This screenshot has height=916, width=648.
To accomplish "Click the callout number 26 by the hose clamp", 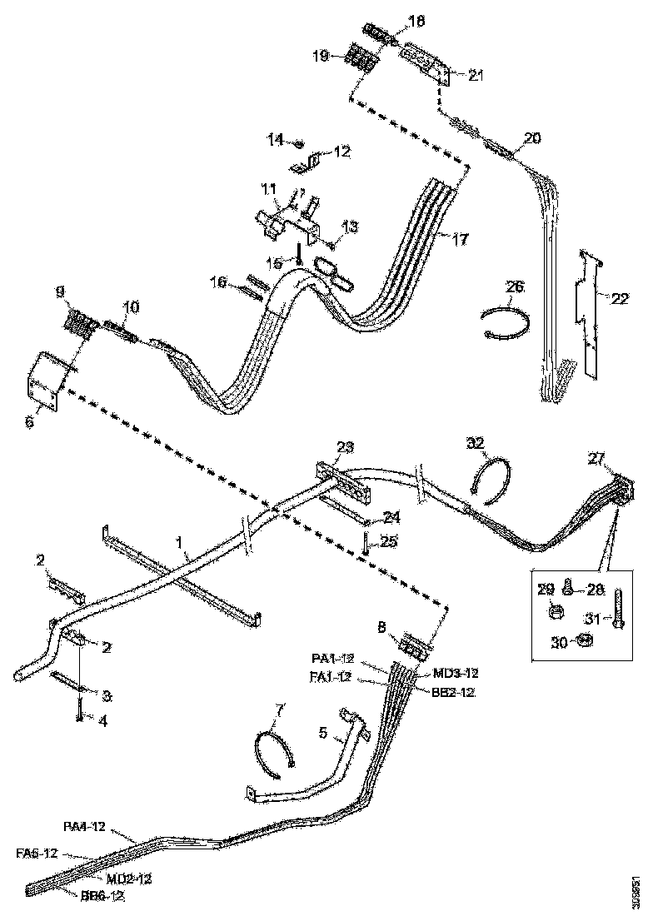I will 515,286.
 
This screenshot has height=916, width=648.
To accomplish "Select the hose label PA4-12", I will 86,826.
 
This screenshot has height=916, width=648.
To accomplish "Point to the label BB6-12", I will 104,896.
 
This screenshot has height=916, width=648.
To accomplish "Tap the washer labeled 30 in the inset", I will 585,640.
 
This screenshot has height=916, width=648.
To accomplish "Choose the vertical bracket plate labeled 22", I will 591,321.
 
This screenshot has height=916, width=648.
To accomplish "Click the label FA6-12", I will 37,853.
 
